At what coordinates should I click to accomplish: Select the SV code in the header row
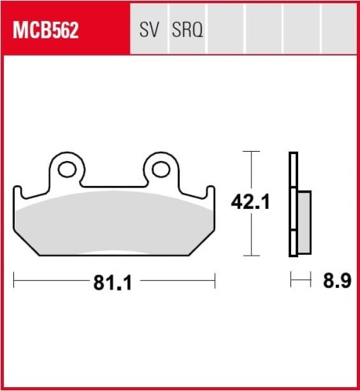pyautogui.click(x=149, y=30)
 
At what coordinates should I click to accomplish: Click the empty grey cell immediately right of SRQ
pyautogui.click(x=226, y=30)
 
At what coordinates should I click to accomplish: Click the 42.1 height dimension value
pyautogui.click(x=250, y=203)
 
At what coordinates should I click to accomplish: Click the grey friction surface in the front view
pyautogui.click(x=113, y=227)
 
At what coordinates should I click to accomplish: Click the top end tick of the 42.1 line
pyautogui.click(x=250, y=152)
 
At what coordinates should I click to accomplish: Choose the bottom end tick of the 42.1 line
pyautogui.click(x=250, y=256)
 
